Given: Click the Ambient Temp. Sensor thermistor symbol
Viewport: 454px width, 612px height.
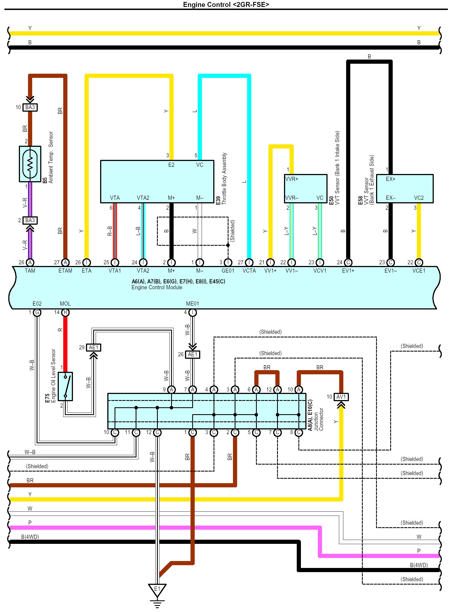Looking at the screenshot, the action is [x=30, y=164].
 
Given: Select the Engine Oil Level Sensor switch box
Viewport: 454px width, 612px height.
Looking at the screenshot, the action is [x=65, y=386].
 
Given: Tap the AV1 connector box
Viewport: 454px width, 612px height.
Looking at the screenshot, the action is [x=341, y=397].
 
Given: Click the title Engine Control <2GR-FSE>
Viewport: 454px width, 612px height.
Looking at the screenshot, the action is [x=226, y=4].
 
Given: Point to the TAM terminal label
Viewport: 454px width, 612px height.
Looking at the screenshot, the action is [x=30, y=271].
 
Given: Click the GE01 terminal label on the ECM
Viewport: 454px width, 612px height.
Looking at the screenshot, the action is [x=228, y=271].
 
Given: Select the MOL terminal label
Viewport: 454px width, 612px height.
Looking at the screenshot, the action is [x=65, y=304].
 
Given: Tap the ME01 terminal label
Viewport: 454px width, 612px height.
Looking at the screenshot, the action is [x=192, y=304].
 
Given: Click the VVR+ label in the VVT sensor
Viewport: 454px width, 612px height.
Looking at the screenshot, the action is [x=292, y=179].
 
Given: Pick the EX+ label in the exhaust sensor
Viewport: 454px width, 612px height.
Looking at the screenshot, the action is [x=390, y=179].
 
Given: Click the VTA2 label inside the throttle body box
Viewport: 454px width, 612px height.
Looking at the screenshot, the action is [x=143, y=198].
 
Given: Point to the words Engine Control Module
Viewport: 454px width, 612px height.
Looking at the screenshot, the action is [x=157, y=287].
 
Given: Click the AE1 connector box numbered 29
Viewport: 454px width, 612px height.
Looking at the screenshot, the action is [x=93, y=347].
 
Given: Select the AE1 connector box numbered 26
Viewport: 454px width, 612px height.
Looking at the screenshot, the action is [x=192, y=354].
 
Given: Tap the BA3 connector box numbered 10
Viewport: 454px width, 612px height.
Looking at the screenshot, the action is [x=30, y=107].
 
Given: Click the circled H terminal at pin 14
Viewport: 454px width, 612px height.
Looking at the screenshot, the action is [x=65, y=313].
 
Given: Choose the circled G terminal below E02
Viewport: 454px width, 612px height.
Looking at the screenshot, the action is [x=37, y=313].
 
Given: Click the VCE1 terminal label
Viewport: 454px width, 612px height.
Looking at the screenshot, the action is [x=419, y=271].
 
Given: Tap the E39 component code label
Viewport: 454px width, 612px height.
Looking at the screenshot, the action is [x=218, y=200].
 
